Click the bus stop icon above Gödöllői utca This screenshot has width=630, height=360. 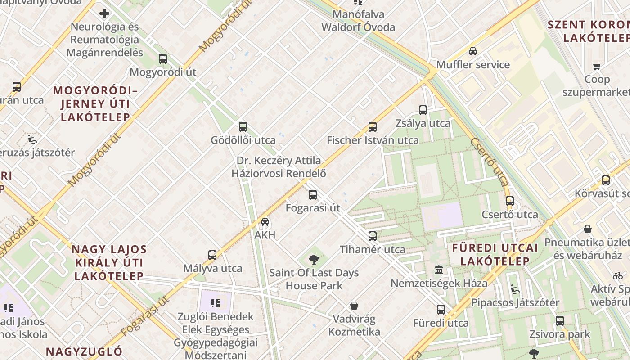click(243, 127)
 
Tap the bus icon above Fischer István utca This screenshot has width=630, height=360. click(373, 127)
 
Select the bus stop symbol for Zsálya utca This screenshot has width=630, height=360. click(423, 110)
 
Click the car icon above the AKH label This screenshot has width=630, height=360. click(265, 222)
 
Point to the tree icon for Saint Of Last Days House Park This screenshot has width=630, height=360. click(314, 259)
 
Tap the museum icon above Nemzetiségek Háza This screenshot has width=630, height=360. click(439, 270)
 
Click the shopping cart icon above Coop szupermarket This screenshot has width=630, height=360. click(597, 67)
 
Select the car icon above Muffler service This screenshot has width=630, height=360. click(473, 51)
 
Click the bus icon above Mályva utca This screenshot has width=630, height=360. click(212, 255)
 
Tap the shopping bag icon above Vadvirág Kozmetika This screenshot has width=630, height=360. click(354, 306)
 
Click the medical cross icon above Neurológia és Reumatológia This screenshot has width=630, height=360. click(104, 13)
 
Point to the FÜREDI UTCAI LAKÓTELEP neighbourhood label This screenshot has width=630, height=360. click(495, 254)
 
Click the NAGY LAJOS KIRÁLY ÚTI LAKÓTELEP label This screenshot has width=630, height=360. click(109, 263)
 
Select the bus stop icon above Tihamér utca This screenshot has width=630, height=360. click(373, 236)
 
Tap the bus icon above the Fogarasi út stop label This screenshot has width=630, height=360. click(313, 195)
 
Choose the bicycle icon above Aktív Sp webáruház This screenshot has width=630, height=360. click(618, 276)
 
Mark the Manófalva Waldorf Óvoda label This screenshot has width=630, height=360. click(358, 21)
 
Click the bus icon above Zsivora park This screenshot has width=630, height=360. click(559, 321)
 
